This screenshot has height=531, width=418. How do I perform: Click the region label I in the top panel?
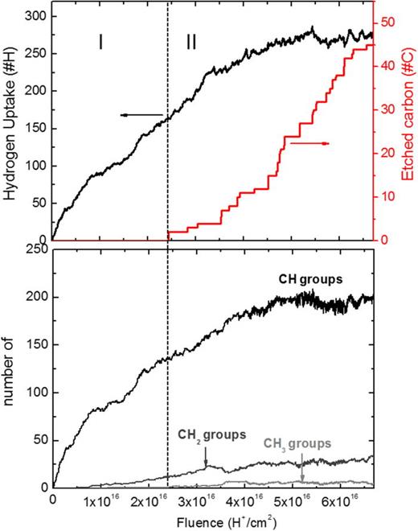coord(100,43)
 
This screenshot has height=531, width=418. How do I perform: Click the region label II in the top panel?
coord(191,43)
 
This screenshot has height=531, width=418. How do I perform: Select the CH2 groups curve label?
coord(212,434)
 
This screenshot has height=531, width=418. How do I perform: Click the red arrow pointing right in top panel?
coord(309,143)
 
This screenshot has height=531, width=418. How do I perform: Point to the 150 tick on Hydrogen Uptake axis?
coord(38,128)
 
